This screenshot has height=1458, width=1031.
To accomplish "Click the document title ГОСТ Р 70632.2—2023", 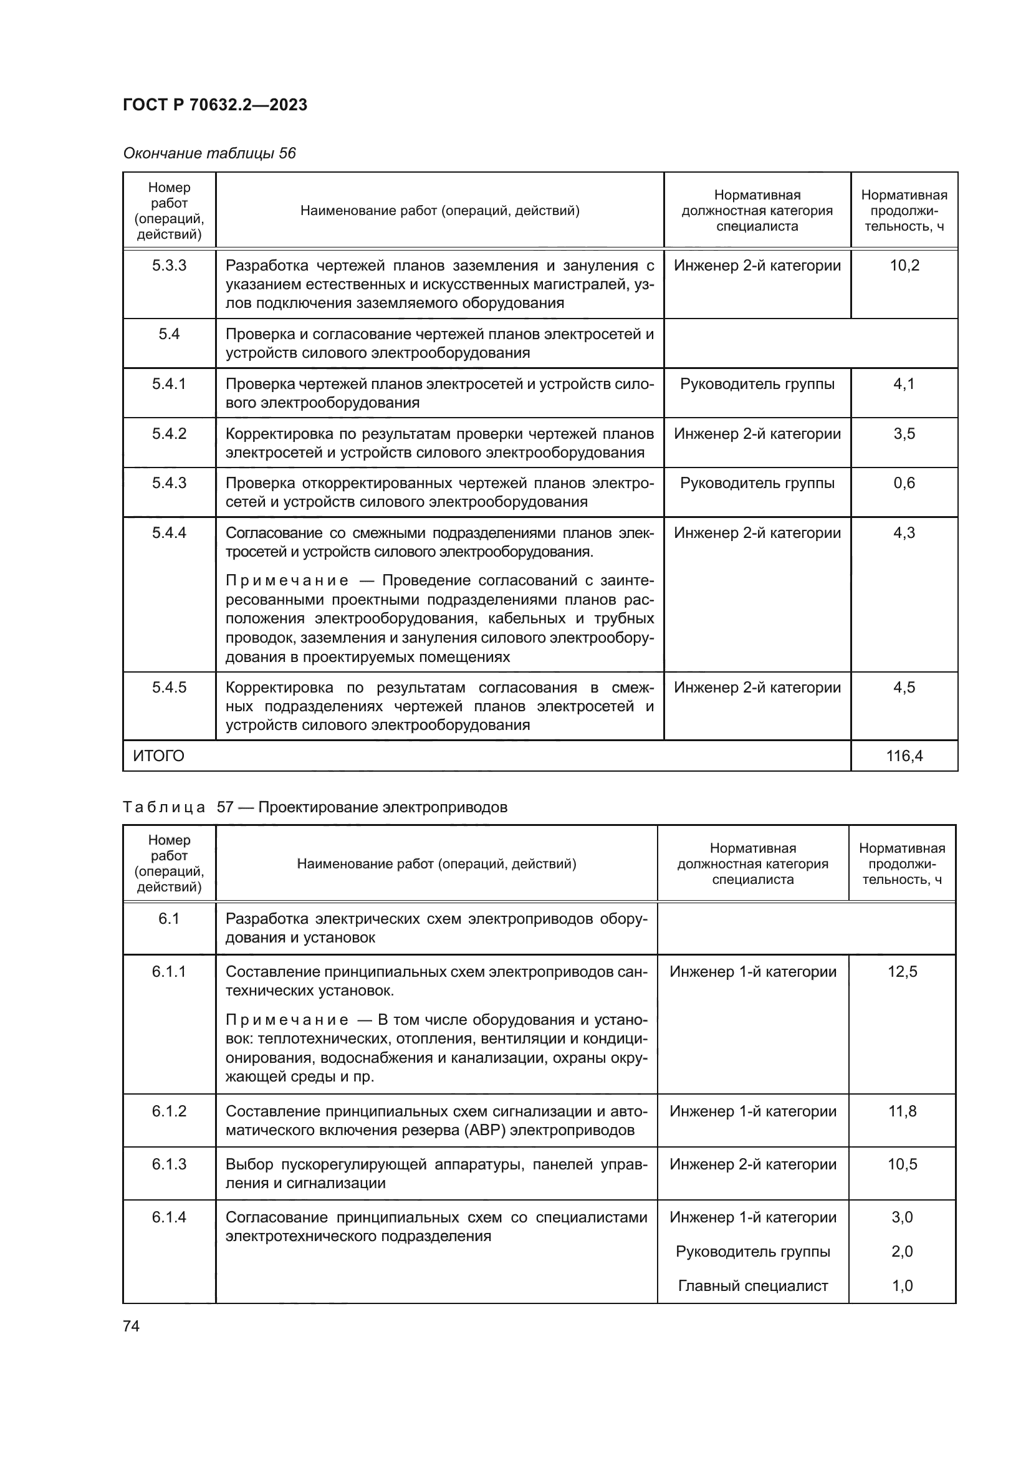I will click(x=214, y=105).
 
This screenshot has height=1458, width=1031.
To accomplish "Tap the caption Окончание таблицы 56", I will click(x=209, y=154).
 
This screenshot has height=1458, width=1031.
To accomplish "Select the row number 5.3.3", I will click(x=169, y=266).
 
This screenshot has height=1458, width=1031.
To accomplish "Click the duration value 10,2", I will click(x=904, y=266).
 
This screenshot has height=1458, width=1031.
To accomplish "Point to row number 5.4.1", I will click(x=169, y=383).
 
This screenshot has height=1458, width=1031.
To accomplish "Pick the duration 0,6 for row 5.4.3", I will click(x=904, y=482).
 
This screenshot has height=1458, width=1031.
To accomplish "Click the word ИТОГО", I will click(x=159, y=755).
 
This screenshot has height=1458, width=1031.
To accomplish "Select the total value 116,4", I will click(x=904, y=755).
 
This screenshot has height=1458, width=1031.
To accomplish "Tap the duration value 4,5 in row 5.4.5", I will click(x=904, y=687).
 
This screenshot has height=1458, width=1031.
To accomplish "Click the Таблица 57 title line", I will click(x=315, y=807).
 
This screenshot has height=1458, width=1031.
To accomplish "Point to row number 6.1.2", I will click(x=169, y=1111).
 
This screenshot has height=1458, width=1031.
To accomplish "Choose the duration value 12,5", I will click(x=902, y=972).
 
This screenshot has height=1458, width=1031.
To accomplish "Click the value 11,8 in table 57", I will click(x=902, y=1111).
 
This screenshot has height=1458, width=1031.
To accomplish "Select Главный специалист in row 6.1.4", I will click(x=753, y=1285).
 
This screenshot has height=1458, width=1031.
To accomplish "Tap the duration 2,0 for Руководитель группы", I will click(x=902, y=1251).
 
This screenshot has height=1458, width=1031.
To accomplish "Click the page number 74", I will click(x=131, y=1326).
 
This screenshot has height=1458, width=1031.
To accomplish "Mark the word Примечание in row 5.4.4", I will click(x=287, y=581).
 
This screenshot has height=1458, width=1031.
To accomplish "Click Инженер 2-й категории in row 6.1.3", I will click(x=753, y=1164).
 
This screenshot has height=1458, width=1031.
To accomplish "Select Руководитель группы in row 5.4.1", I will click(x=757, y=383).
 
